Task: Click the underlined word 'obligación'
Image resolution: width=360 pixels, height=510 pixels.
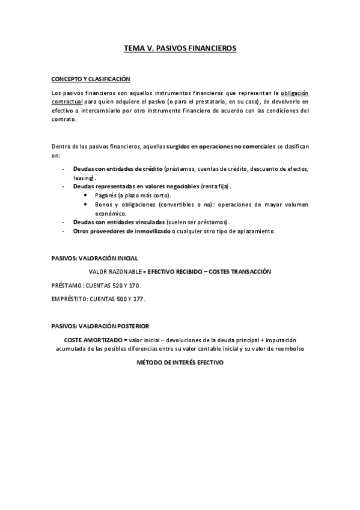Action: point(295,93)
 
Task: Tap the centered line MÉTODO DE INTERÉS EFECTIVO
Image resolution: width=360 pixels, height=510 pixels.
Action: point(180,364)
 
